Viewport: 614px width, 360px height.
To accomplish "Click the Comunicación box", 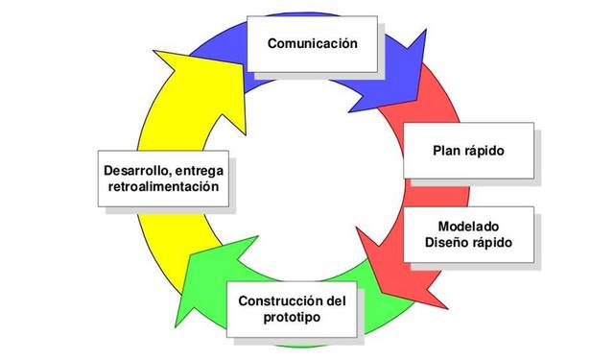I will point(312,43).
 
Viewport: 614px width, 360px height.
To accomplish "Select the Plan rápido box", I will point(468,151).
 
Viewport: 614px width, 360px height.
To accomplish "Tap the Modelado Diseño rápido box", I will point(468,233).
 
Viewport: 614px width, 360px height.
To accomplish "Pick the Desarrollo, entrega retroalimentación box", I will point(165,178).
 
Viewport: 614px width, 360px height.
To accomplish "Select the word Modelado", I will point(468,225).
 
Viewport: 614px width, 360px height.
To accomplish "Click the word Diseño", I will point(451,242).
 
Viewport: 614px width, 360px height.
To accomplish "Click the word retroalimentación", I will point(165,186).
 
